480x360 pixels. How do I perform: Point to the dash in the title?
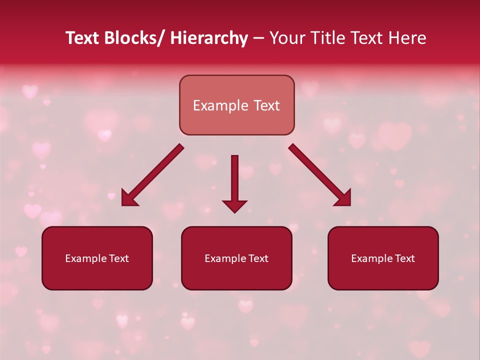click(258, 38)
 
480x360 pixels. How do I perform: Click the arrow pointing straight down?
click(234, 180)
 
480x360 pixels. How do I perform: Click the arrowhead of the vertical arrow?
click(234, 206)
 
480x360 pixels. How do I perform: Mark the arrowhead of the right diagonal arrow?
click(344, 199)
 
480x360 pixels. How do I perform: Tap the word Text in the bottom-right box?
click(404, 258)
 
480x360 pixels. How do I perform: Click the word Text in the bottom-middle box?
click(257, 258)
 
